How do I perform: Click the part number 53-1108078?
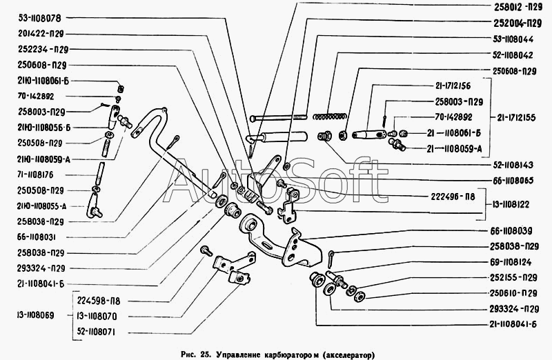39,19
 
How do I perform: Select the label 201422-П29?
41,34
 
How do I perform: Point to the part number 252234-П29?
43,49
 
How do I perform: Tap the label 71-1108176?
35,175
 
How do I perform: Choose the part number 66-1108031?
37,237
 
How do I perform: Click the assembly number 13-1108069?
35,315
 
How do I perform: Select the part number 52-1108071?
96,332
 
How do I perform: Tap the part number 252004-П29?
517,23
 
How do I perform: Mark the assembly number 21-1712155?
516,117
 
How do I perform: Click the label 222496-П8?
453,197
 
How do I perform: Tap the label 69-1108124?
511,262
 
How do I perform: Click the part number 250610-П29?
513,293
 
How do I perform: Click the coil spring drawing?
330,116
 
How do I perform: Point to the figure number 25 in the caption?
205,354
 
